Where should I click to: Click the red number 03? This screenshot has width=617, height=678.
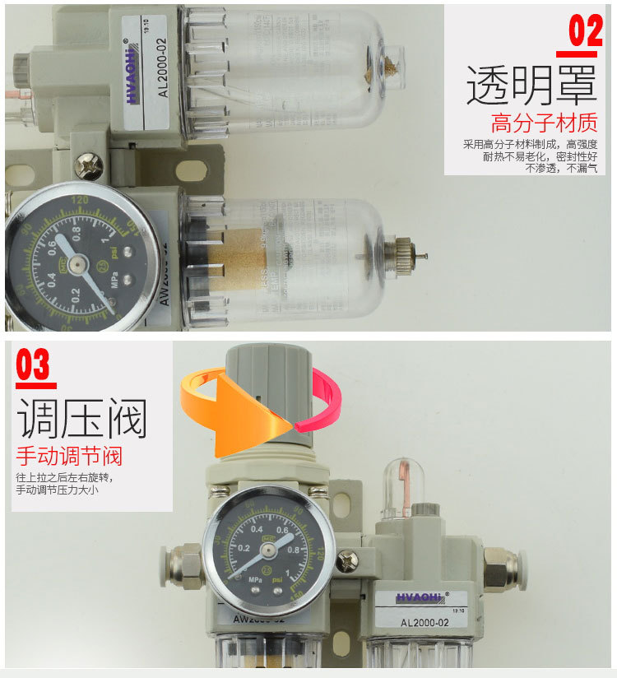tap(33, 365)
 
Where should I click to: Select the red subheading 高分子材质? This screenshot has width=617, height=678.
tap(544, 124)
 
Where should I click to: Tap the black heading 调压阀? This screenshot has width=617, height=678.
tap(82, 419)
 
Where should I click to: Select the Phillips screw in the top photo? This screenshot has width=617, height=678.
tap(88, 166)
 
